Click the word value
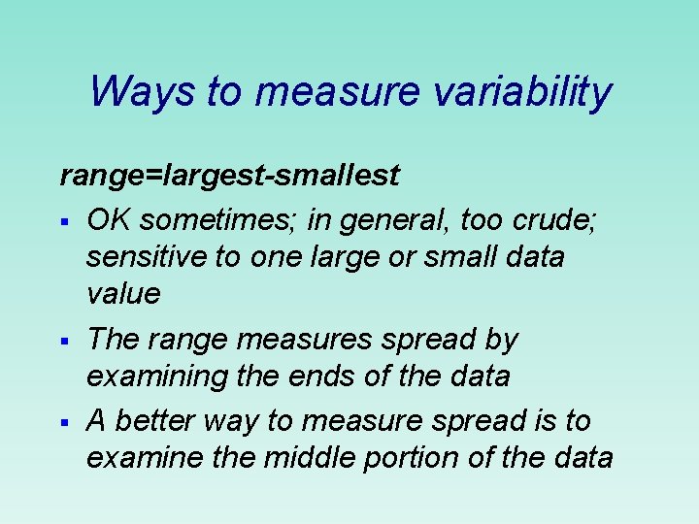[122, 294]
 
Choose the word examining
[153, 377]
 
